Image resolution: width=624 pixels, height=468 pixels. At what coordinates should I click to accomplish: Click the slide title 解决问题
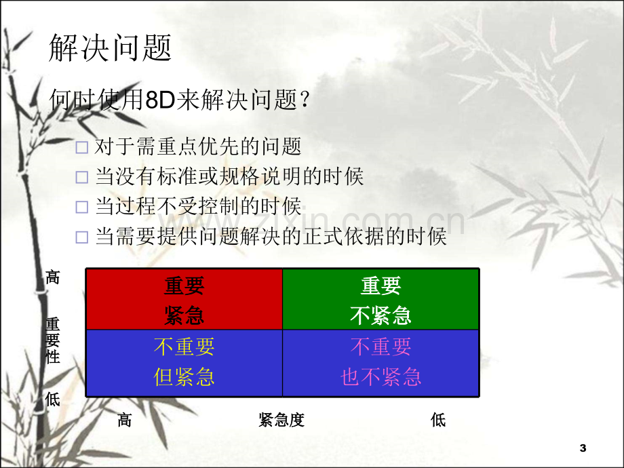pos(110,47)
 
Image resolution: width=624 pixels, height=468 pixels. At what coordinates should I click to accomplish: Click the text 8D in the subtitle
pos(160,100)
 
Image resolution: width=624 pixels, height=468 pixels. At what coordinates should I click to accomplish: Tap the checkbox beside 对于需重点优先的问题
pos(81,148)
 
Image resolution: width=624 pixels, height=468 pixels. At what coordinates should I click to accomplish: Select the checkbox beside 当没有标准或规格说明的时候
pos(81,177)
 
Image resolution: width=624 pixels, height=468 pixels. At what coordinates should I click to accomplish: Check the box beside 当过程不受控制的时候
pos(81,207)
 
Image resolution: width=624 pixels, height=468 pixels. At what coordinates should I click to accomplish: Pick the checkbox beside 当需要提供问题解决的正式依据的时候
pos(81,237)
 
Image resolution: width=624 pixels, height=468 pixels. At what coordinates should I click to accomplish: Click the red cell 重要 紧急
pos(184,299)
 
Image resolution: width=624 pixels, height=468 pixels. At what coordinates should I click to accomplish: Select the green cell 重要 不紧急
pos(381,299)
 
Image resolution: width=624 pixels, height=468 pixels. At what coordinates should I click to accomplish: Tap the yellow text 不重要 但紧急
pos(184,362)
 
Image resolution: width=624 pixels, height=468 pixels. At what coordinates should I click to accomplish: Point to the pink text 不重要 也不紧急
pos(381,362)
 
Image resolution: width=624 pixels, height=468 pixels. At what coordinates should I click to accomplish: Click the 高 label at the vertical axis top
pos(52,277)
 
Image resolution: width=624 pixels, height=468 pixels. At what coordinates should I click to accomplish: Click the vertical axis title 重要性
pos(52,340)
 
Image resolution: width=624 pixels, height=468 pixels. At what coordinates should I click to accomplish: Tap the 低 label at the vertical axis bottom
pos(52,399)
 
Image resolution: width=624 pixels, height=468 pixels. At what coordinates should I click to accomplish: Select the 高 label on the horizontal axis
pos(125,420)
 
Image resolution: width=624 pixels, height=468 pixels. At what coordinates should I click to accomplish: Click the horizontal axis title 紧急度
pos(281,420)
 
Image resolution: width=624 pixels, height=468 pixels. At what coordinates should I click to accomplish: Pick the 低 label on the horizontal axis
pos(438,420)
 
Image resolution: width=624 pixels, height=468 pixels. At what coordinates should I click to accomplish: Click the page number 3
pos(583,448)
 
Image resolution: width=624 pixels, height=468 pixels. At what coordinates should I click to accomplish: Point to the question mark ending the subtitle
pos(305,100)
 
